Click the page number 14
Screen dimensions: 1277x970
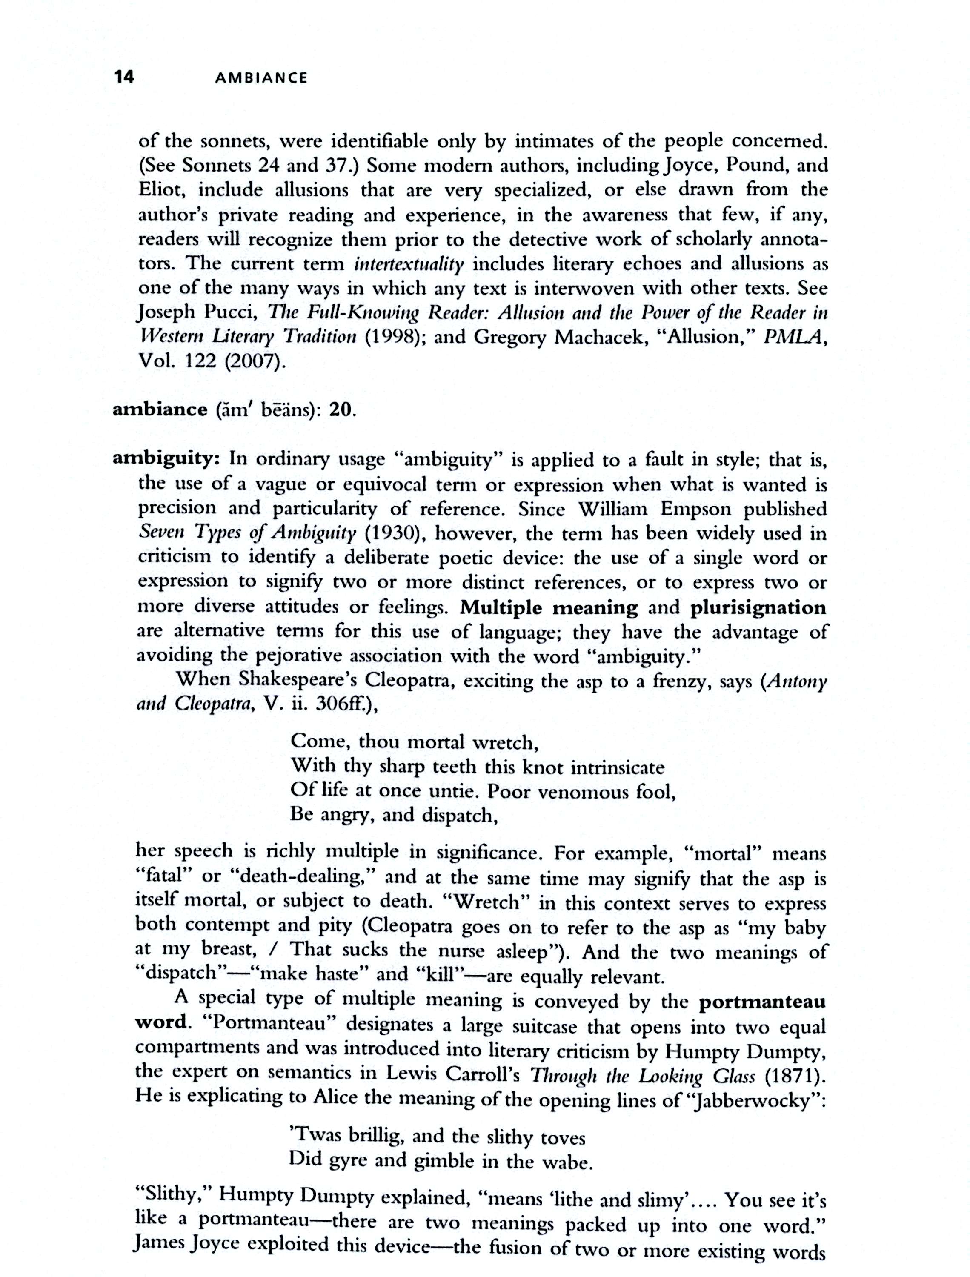(x=124, y=76)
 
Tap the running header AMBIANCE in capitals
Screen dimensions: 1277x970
(x=261, y=78)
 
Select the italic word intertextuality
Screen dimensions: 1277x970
(x=409, y=264)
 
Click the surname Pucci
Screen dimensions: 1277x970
(x=232, y=313)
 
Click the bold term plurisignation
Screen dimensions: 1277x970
(x=758, y=607)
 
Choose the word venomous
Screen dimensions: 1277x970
(x=583, y=791)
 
